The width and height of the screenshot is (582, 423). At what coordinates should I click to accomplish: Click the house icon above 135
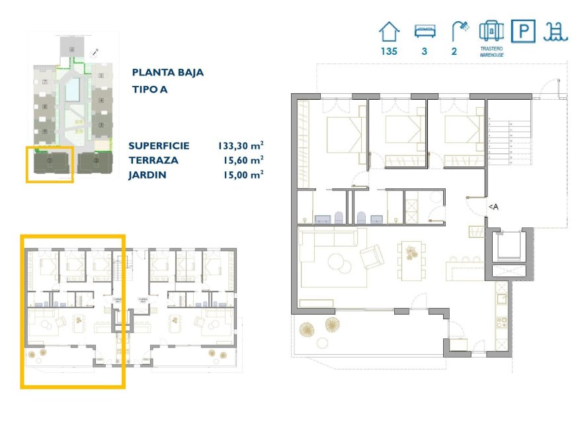pos(389,31)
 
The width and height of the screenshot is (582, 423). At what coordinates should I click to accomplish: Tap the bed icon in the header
pos(423,31)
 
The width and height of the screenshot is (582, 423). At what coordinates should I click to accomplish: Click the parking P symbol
pos(524,31)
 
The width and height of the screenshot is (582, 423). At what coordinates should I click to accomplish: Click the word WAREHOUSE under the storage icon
pos(492,56)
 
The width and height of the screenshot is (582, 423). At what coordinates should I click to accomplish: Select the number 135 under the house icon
pos(389,51)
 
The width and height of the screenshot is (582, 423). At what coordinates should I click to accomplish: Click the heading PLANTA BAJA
pos(167,73)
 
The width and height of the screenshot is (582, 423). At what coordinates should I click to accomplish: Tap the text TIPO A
pos(150,90)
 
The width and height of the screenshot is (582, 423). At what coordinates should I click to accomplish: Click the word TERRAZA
pos(153,160)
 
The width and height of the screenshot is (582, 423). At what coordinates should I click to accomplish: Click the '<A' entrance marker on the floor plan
pos(493,207)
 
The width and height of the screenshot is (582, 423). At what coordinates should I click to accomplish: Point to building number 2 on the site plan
pos(97,161)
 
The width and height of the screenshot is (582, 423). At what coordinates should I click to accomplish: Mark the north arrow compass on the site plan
pos(97,51)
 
